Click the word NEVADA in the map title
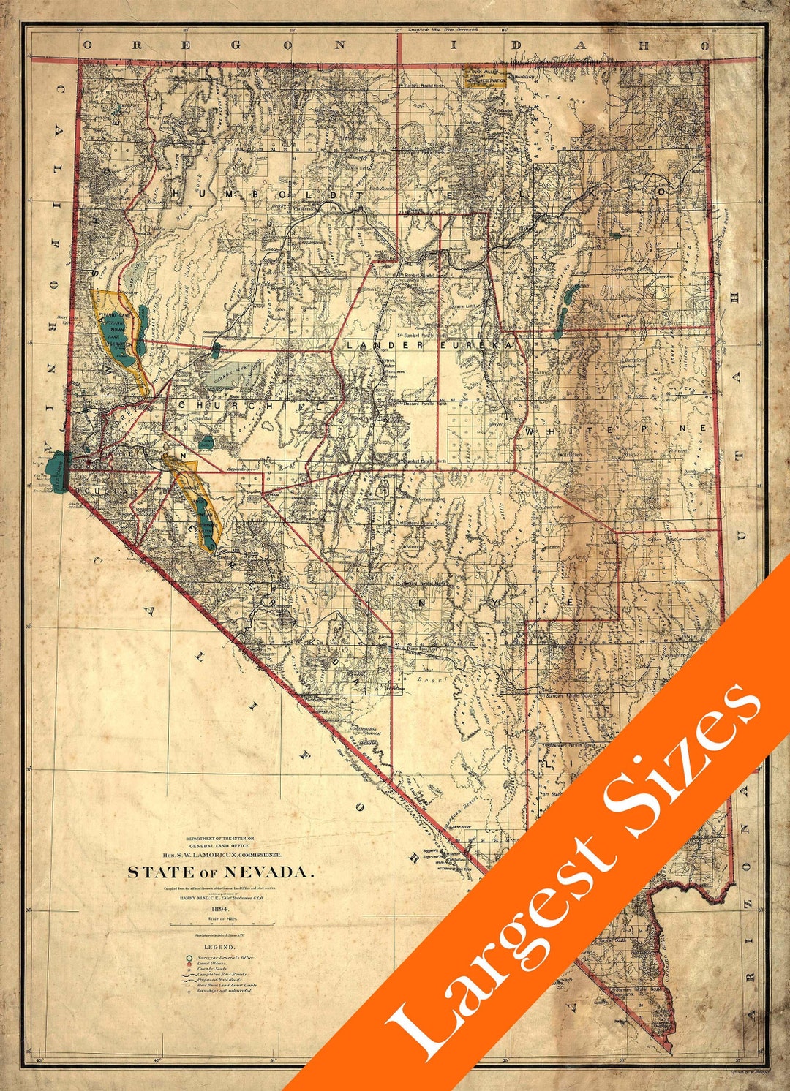tap(268, 872)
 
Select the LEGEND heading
tap(219, 946)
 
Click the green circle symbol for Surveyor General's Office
tap(188, 957)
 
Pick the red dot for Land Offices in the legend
tap(188, 964)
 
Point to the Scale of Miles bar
tap(222, 924)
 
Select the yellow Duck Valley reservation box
tap(484, 77)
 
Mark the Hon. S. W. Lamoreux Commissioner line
tap(221, 854)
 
